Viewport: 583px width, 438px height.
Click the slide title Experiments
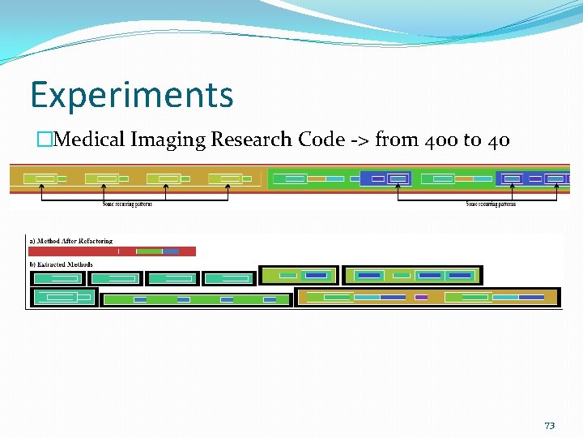(x=131, y=95)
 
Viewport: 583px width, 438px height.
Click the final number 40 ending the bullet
(x=498, y=140)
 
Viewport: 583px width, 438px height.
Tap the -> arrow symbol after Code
(x=360, y=140)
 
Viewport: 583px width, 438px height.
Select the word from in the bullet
(x=396, y=140)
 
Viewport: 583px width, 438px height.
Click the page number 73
(x=549, y=426)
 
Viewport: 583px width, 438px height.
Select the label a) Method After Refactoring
(x=70, y=241)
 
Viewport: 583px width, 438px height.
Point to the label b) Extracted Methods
(x=61, y=264)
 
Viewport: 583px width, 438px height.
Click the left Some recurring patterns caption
(x=127, y=204)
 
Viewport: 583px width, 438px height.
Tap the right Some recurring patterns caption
(x=491, y=204)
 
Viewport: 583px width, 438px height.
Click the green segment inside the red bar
(x=149, y=251)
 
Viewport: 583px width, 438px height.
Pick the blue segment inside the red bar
(x=170, y=251)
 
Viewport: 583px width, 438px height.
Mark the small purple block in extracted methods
(x=421, y=298)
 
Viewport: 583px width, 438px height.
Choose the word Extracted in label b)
(x=54, y=264)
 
